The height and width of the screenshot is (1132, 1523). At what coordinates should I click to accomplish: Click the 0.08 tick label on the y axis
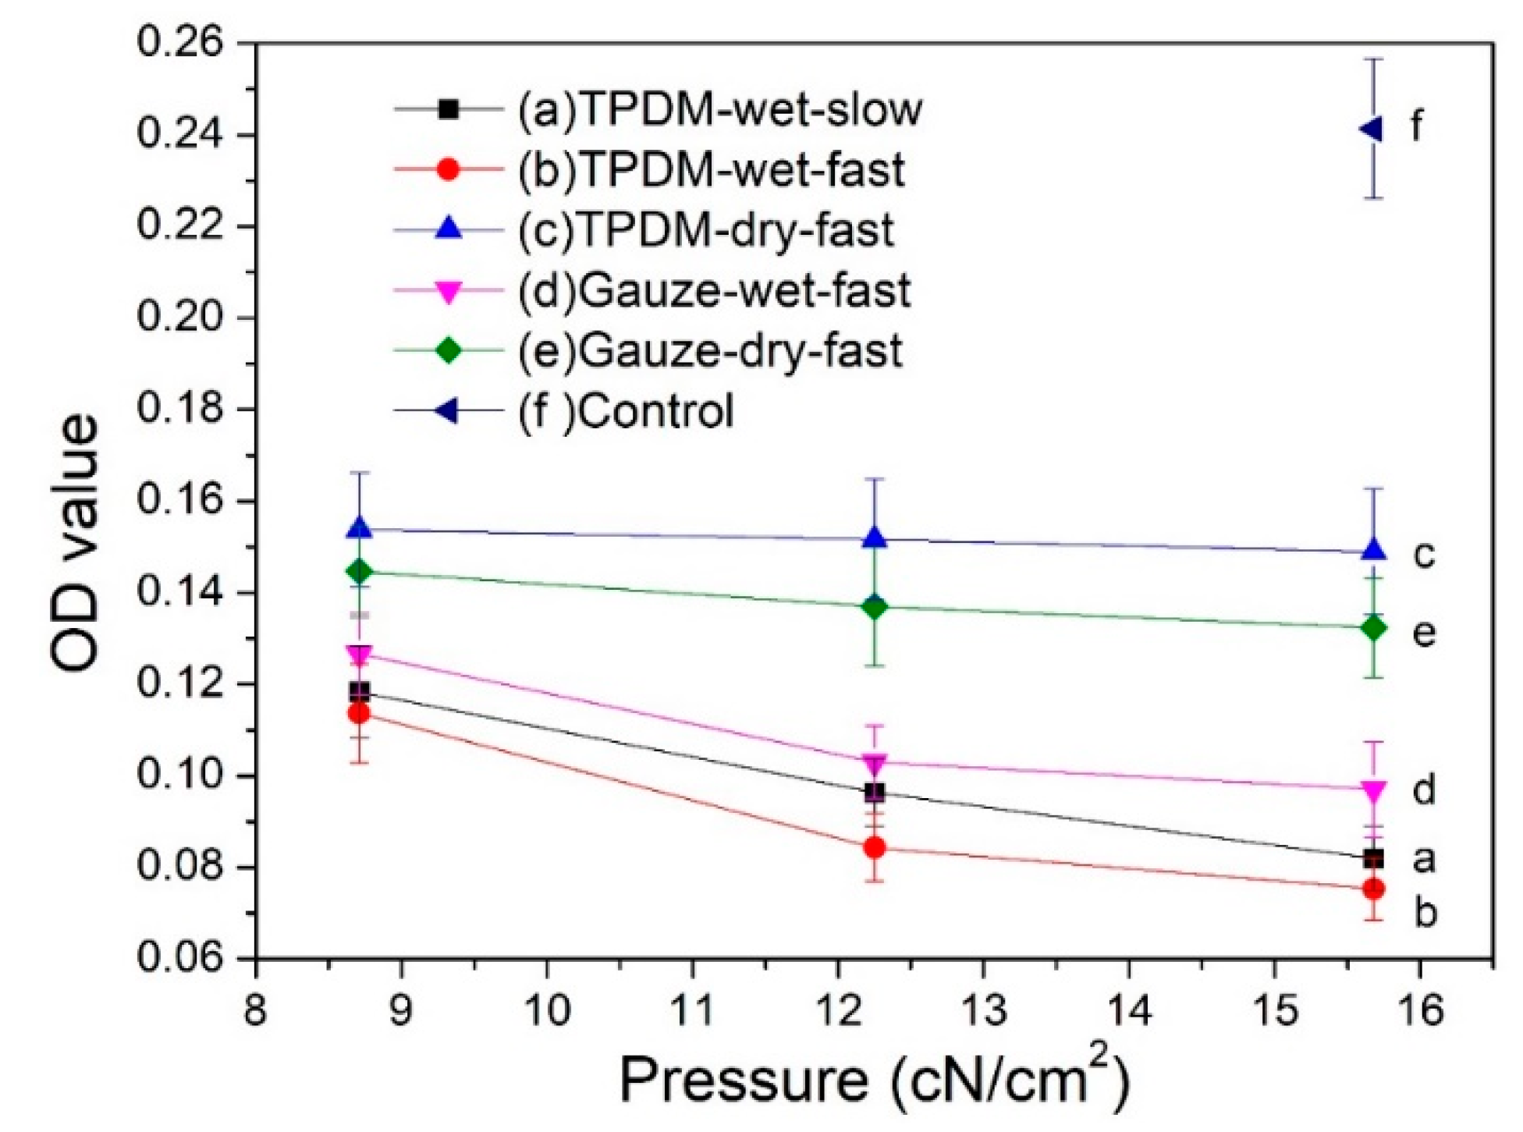click(x=184, y=868)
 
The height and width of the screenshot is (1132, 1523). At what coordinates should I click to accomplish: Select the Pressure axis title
click(x=875, y=1081)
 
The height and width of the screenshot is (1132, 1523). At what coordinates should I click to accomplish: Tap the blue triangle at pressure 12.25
click(x=875, y=538)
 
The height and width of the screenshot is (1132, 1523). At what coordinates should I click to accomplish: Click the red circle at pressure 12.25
click(x=875, y=847)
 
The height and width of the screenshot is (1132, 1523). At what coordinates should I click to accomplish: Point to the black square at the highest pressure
click(x=1373, y=859)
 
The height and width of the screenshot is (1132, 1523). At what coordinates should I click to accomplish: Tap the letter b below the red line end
click(x=1425, y=913)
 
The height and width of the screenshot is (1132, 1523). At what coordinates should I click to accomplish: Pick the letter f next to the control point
click(x=1416, y=125)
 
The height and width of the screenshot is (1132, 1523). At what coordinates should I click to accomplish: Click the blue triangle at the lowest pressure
click(x=360, y=529)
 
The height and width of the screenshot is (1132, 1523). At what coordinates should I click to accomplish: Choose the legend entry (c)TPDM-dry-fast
click(x=705, y=231)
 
